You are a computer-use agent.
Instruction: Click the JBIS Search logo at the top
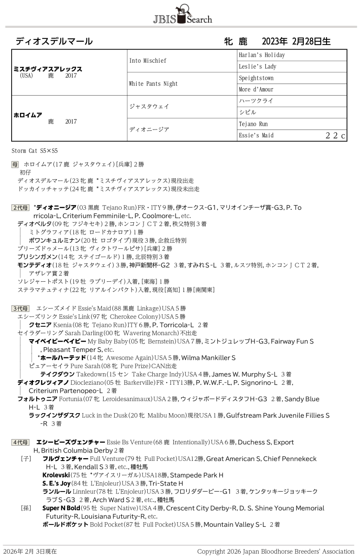(x=182, y=14)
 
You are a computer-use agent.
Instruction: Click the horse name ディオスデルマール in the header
(x=54, y=41)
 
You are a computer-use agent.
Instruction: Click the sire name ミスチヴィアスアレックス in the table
(x=48, y=69)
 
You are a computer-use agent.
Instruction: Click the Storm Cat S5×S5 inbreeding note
(x=35, y=151)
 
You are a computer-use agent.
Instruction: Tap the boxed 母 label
(x=15, y=164)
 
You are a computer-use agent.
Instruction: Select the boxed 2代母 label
(x=21, y=207)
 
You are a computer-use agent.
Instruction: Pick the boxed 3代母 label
(x=21, y=308)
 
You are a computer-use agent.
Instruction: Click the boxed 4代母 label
(x=21, y=442)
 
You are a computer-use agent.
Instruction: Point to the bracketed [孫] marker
(x=26, y=508)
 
